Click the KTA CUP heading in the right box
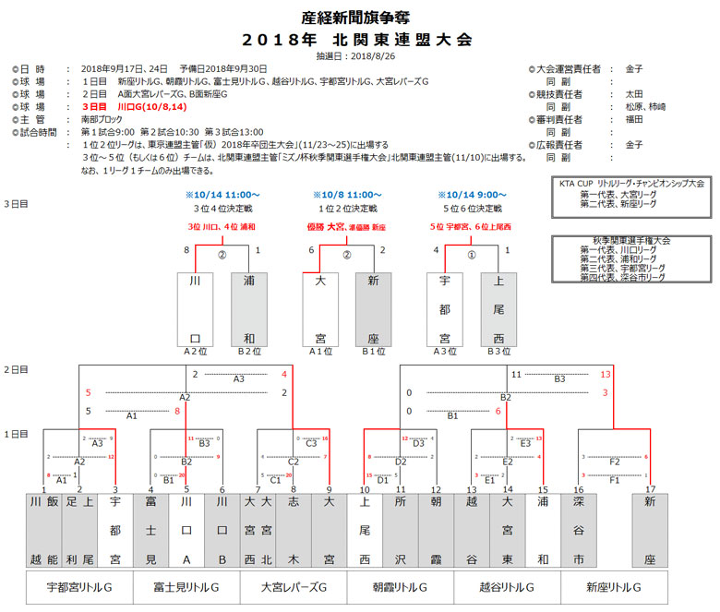pyautogui.click(x=630, y=184)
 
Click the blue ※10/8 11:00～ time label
pyautogui.click(x=346, y=196)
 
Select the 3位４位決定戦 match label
pyautogui.click(x=221, y=209)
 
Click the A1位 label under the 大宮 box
pyautogui.click(x=320, y=352)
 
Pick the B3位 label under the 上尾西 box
pyautogui.click(x=498, y=352)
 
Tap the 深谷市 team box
pyautogui.click(x=579, y=531)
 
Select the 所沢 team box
pyautogui.click(x=401, y=531)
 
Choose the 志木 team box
pyautogui.click(x=294, y=531)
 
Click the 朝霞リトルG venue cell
pyautogui.click(x=400, y=587)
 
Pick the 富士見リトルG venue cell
pyautogui.click(x=186, y=587)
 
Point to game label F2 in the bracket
pyautogui.click(x=613, y=461)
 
